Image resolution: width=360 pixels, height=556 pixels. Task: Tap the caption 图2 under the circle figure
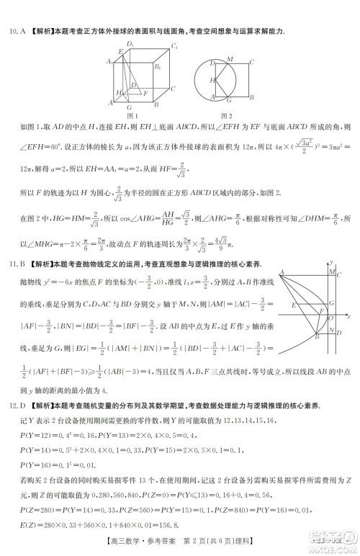tap(226, 116)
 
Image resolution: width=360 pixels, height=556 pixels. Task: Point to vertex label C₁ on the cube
tap(174, 47)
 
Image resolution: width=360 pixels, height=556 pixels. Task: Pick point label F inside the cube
tap(146, 93)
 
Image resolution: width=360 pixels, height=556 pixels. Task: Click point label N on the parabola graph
tap(331, 331)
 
